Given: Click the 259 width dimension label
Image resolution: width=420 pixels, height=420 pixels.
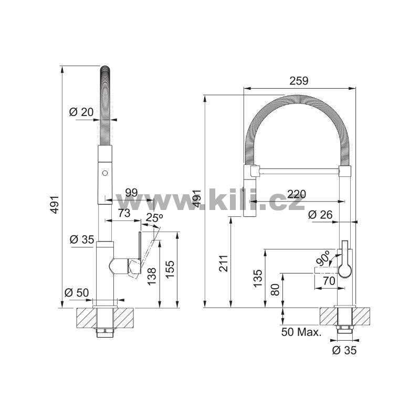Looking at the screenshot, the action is (299, 81).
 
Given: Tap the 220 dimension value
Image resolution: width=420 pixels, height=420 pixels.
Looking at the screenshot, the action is (297, 194).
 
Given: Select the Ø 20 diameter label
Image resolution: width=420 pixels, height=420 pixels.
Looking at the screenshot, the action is (81, 112).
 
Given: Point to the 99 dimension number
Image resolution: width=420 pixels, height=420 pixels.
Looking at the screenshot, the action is (132, 193).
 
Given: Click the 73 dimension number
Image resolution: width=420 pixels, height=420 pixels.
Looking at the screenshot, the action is (124, 213).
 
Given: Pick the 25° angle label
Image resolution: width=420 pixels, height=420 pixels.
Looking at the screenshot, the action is (154, 218).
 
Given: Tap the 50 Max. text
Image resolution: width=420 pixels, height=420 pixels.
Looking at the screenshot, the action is (301, 332).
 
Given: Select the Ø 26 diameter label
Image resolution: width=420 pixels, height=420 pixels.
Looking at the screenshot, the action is (320, 215).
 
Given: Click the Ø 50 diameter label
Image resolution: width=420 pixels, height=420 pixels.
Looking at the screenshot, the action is (77, 292).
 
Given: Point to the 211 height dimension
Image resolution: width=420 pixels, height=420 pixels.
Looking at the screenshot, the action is (224, 264).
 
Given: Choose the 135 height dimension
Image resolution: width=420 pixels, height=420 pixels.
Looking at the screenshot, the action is (258, 279).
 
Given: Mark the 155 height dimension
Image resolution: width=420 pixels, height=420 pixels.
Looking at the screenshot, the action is (170, 270).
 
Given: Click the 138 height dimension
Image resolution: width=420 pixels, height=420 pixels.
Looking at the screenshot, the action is (152, 277).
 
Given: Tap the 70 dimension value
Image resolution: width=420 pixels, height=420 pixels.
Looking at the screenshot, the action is (329, 281).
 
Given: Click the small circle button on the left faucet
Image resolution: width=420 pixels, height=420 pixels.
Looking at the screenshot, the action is (104, 173).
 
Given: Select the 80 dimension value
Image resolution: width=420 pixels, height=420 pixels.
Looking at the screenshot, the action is (275, 290).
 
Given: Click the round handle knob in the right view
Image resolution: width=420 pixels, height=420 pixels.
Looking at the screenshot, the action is (345, 270).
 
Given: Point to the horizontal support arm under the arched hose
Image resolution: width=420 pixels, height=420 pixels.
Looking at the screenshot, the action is (299, 172).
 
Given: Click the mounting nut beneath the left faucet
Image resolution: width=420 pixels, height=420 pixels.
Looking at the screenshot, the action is (105, 333).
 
